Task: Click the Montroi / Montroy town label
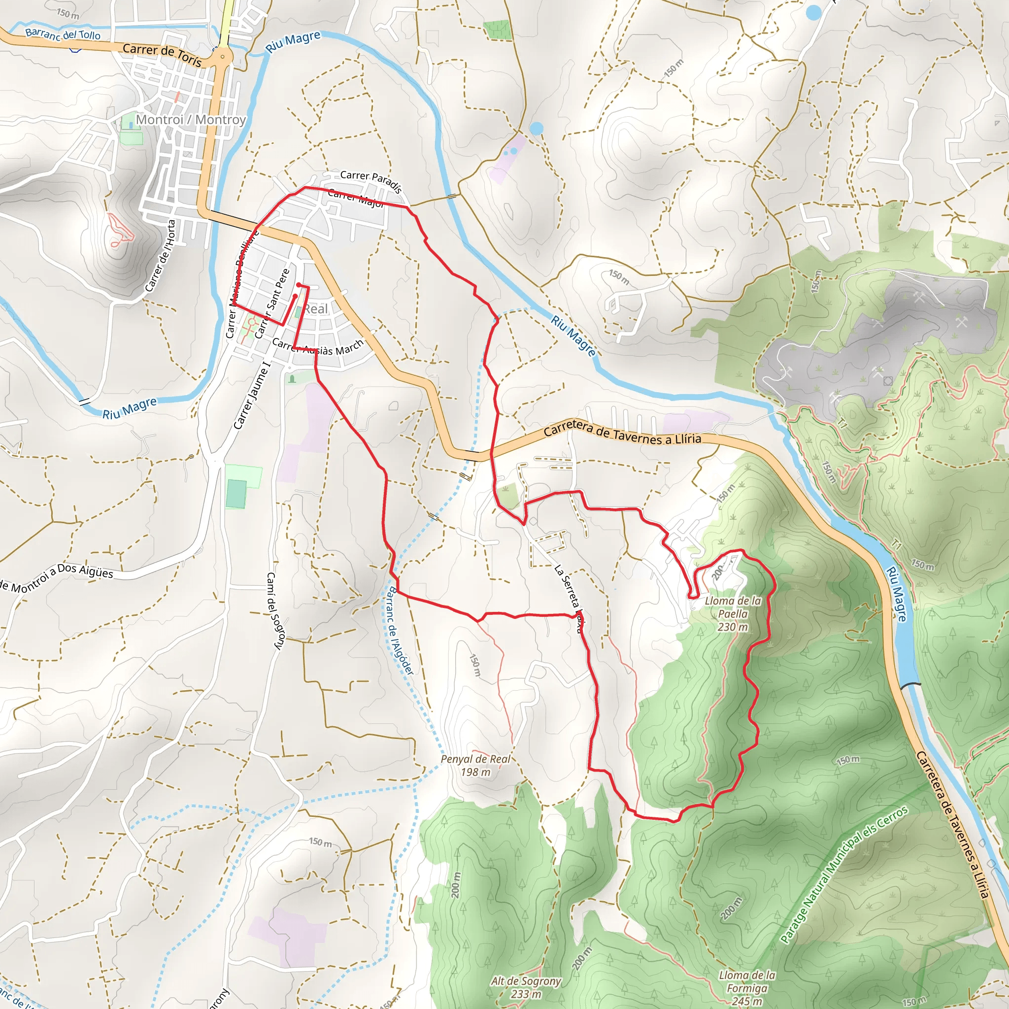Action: coord(191,120)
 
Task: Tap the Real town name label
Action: coord(316,308)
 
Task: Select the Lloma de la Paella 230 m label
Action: coord(732,614)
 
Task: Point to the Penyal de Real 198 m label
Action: coord(475,765)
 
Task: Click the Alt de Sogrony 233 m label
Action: coord(525,987)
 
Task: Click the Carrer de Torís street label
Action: coord(162,54)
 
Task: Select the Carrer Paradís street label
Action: coord(371,181)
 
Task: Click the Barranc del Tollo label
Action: coord(63,34)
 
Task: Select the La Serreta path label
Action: coord(567,598)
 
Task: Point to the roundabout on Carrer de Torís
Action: coord(223,56)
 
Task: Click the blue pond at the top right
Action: coord(813,12)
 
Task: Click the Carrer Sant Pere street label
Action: coord(271,303)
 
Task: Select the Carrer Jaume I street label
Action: coord(252,398)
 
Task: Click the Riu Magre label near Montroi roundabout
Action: coord(293,42)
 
